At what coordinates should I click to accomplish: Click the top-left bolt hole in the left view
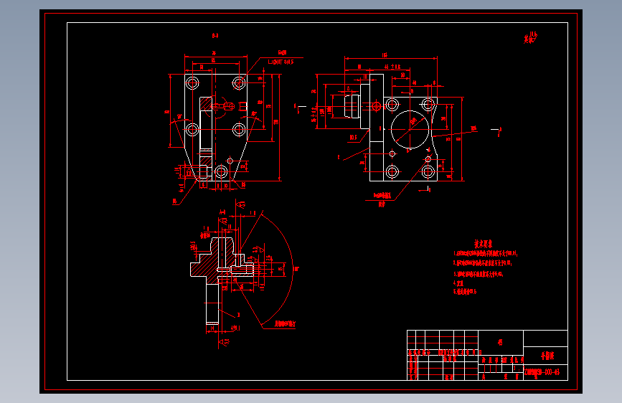192,83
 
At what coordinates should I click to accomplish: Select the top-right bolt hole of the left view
239,83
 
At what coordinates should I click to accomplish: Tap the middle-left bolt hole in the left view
192,130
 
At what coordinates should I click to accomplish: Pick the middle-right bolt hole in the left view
239,130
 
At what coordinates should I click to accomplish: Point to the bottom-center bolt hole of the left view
221,171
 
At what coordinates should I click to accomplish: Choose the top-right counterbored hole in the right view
428,105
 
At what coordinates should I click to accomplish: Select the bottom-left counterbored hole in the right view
392,171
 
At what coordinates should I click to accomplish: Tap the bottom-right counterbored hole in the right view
428,171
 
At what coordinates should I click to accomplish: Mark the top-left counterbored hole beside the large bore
392,105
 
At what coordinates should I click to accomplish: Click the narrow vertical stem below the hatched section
212,305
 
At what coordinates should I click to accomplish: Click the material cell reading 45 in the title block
500,341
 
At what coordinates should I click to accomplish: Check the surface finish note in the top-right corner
531,38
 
